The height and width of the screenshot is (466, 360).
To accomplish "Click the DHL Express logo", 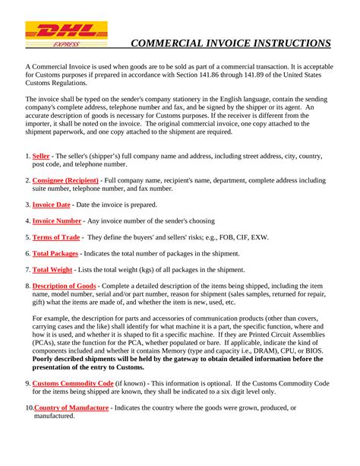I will coord(66,35).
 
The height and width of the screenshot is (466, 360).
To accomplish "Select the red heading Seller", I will coord(41,156).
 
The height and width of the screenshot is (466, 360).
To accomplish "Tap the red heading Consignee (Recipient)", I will coord(66,181).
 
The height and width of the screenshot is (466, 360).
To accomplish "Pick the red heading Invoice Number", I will coord(57,220).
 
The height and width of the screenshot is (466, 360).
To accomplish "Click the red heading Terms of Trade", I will coord(57,237).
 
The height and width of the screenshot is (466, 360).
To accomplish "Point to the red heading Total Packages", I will coord(55,253).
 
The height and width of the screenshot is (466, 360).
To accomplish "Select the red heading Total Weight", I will coord(52,269).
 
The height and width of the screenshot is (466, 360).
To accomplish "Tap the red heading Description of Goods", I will coord(64,285).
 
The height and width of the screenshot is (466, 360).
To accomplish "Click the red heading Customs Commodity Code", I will coord(73,383).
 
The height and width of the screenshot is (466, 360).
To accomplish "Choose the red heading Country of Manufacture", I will coord(72,407).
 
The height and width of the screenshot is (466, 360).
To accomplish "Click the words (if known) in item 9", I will coord(132,383).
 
